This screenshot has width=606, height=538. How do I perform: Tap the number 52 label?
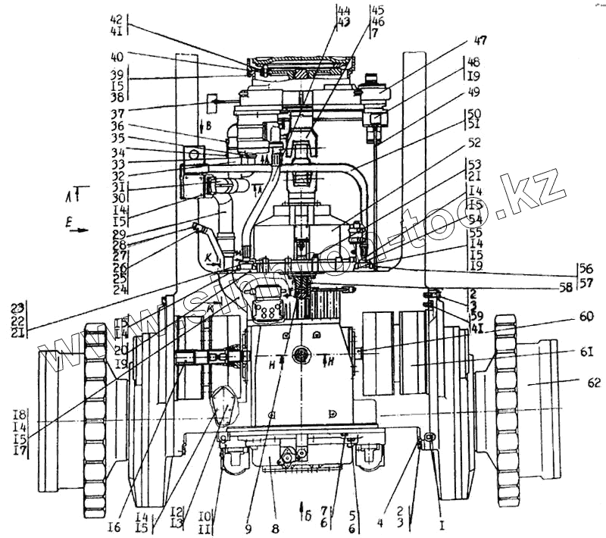pos(475,142)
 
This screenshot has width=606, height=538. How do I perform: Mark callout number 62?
pos(593,383)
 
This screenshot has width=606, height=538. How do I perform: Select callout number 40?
pos(117,56)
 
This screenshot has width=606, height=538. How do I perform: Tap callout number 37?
pos(117,113)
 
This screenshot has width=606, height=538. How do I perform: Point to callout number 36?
pos(117,127)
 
